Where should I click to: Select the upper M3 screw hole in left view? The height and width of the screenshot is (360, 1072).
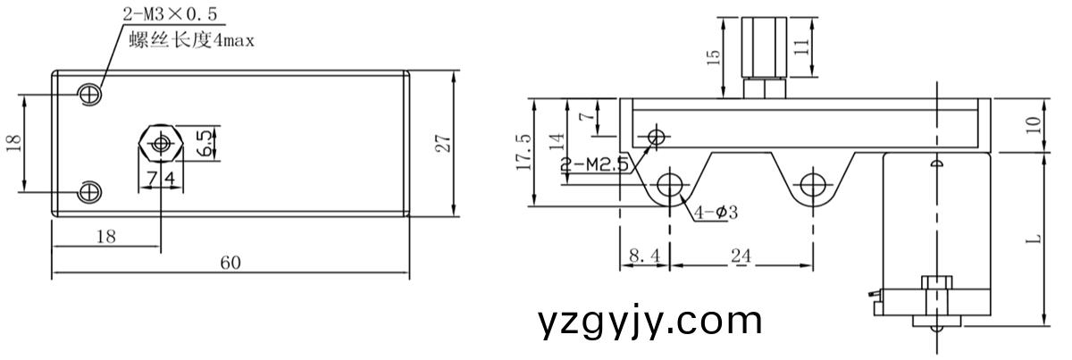[90, 93]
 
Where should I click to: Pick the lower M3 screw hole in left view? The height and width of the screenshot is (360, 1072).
[90, 191]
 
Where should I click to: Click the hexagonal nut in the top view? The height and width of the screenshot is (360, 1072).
[161, 143]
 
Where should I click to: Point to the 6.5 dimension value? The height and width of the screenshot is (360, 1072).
[205, 143]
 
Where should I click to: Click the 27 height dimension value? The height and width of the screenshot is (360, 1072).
[441, 143]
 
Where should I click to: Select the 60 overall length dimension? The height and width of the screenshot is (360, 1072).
[230, 263]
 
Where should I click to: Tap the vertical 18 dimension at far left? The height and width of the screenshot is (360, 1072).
[13, 143]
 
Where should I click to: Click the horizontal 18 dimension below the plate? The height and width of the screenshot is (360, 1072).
[105, 237]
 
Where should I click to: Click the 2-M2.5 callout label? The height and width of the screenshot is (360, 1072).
[595, 164]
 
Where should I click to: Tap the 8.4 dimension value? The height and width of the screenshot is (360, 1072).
[643, 255]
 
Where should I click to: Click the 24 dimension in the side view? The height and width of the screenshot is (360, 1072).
[741, 255]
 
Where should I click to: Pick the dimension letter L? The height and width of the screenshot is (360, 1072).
[1033, 239]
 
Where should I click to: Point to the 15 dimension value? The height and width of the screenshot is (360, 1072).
[713, 58]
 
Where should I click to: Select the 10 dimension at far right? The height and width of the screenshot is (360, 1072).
[1033, 125]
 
